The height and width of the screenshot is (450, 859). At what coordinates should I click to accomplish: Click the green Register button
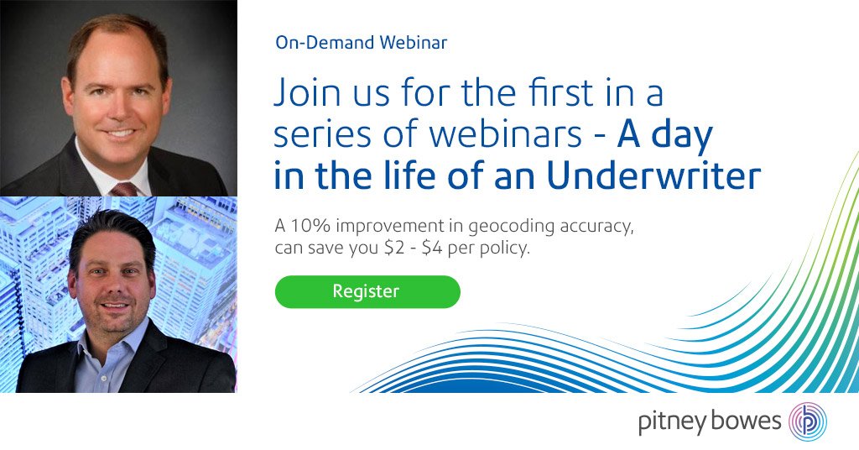[x=367, y=291]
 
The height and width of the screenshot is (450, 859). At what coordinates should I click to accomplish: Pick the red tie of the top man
[x=123, y=188]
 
